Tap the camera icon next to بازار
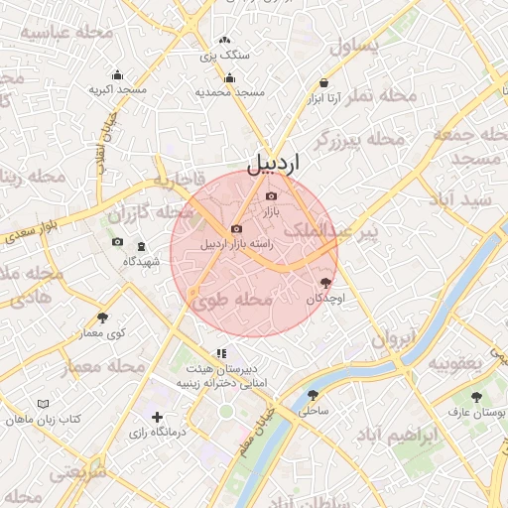(271, 195)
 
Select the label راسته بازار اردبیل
(237, 244)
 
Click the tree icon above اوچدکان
(325, 283)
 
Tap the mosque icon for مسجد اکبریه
(118, 74)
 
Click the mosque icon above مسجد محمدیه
(230, 77)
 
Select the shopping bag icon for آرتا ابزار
(324, 83)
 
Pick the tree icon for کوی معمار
(103, 317)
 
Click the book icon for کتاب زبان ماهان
(43, 404)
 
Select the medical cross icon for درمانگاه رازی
(156, 418)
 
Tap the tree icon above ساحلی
(314, 394)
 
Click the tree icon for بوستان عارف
(477, 395)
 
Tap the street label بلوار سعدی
(31, 227)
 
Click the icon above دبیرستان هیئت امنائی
(222, 352)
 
